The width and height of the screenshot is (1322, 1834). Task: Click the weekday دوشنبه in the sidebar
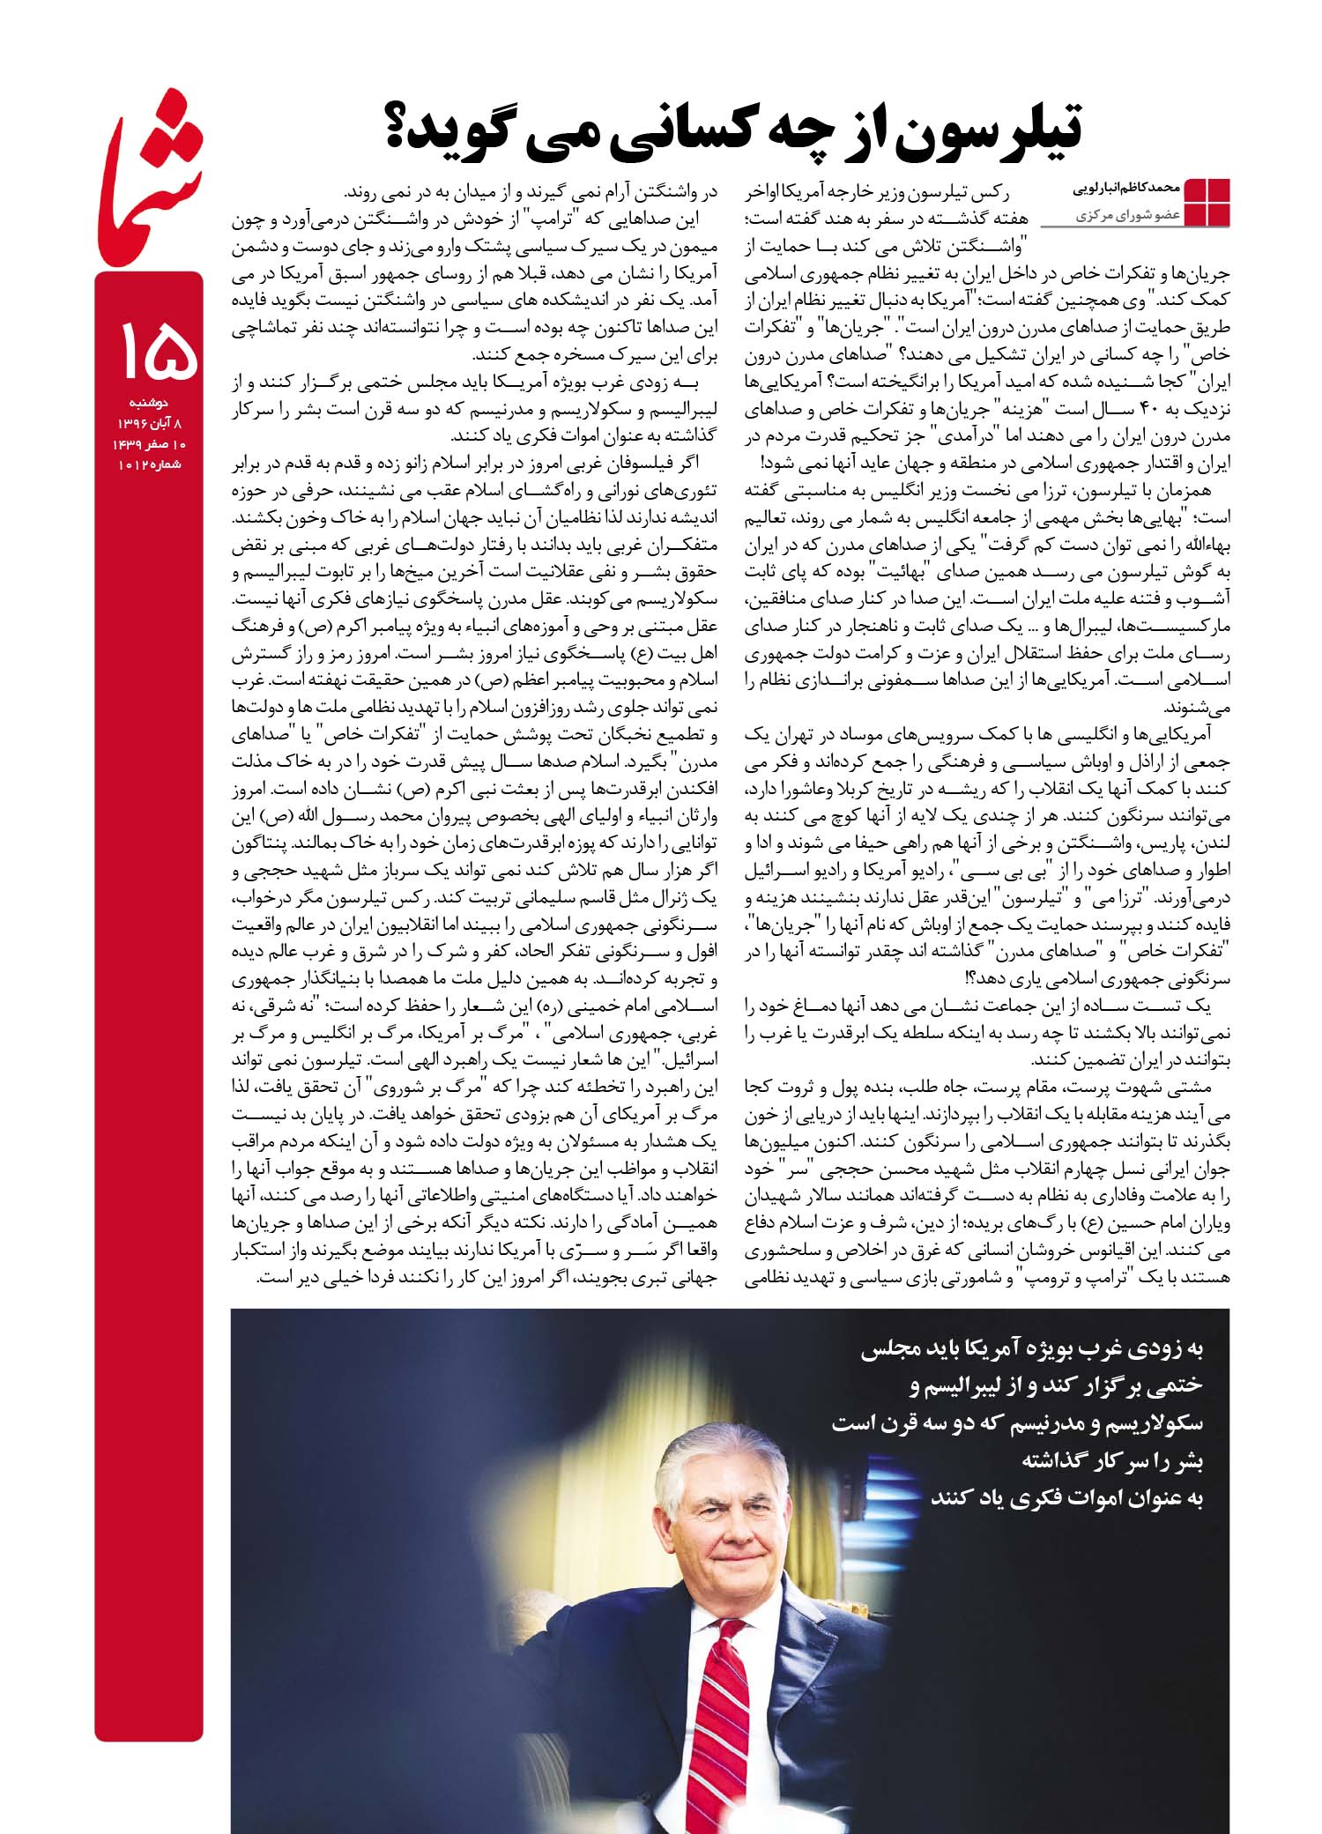[148, 406]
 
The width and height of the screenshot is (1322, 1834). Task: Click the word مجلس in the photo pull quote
[891, 1349]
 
